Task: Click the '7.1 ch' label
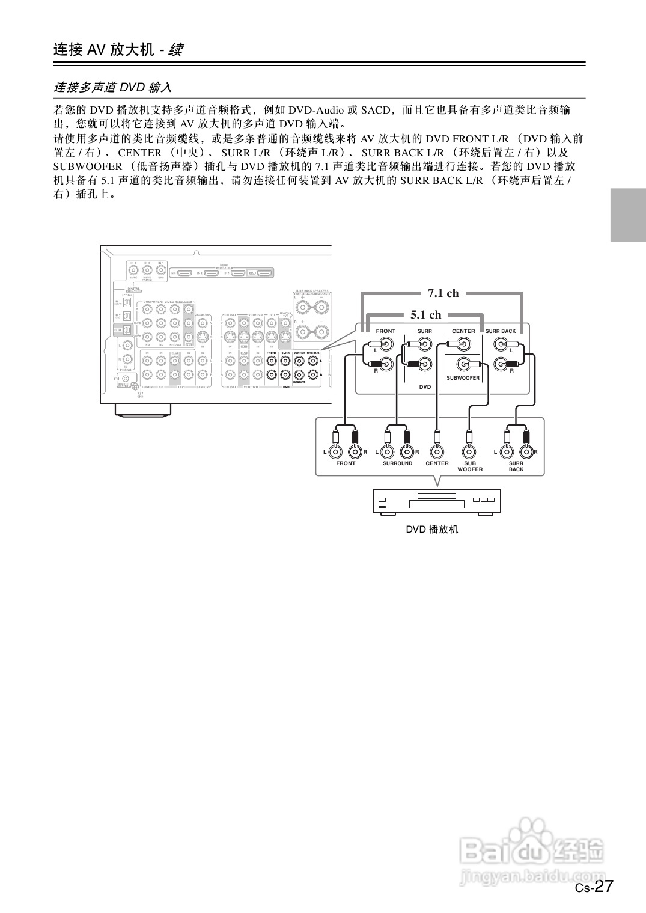tap(443, 293)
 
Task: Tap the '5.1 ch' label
tap(426, 315)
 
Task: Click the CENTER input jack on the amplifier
tap(463, 344)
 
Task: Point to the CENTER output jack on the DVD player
tap(437, 451)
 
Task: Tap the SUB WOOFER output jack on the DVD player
tap(469, 451)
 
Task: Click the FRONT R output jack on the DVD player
tap(355, 451)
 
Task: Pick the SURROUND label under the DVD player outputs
tap(397, 463)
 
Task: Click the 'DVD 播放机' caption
tap(431, 530)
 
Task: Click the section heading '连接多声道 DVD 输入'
tap(113, 88)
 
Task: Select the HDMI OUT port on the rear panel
tap(262, 273)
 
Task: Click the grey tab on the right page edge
tap(628, 215)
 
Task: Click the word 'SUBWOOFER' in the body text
tap(87, 166)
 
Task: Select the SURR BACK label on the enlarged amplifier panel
tap(501, 331)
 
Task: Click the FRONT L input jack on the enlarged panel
tap(386, 344)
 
